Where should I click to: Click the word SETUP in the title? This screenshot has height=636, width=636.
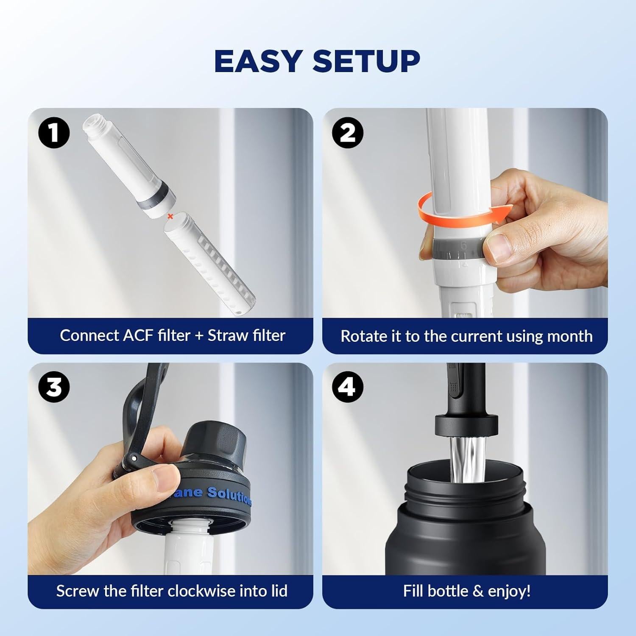366,61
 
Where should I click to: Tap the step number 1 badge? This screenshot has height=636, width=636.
54,133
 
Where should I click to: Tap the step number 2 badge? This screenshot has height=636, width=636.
348,133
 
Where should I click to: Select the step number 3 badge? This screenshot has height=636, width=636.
54,387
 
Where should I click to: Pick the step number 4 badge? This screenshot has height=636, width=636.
348,387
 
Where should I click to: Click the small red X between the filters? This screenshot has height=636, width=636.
170,216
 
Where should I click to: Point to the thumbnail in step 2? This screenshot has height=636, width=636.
498,248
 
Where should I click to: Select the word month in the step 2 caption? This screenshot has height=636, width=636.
570,336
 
